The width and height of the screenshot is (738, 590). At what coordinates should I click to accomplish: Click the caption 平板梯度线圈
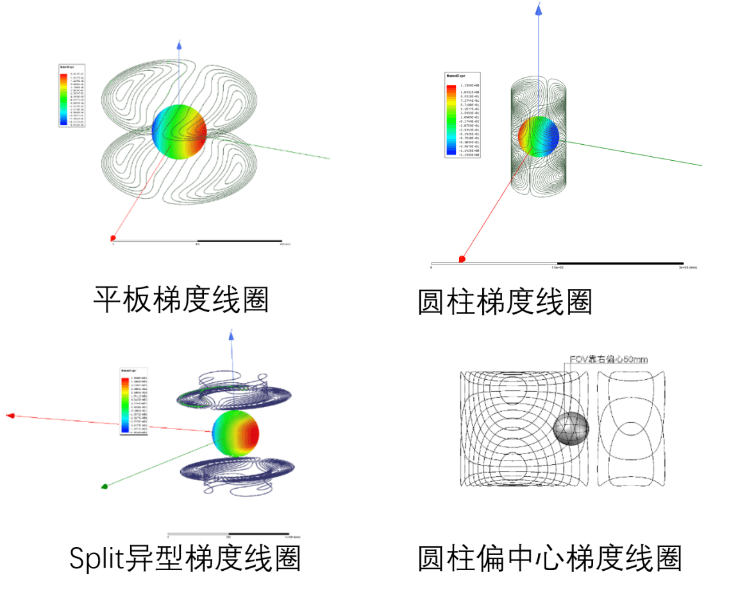pyautogui.click(x=181, y=299)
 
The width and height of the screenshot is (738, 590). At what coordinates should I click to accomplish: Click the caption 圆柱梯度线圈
pyautogui.click(x=505, y=302)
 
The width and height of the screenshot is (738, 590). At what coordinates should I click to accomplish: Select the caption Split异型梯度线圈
pyautogui.click(x=185, y=558)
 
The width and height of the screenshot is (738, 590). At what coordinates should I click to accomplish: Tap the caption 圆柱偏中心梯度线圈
pyautogui.click(x=549, y=558)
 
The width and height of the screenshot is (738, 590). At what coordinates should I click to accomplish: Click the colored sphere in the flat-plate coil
pyautogui.click(x=180, y=131)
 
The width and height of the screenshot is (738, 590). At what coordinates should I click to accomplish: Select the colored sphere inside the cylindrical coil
pyautogui.click(x=539, y=136)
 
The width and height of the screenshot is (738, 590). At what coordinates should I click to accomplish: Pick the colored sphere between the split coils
pyautogui.click(x=235, y=433)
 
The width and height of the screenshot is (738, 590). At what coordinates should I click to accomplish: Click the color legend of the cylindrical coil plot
pyautogui.click(x=462, y=116)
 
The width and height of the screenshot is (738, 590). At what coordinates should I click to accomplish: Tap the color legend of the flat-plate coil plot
pyautogui.click(x=71, y=95)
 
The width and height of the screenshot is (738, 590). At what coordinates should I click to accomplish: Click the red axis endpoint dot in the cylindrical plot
pyautogui.click(x=461, y=259)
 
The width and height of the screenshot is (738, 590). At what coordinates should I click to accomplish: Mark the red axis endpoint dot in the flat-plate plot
pyautogui.click(x=113, y=238)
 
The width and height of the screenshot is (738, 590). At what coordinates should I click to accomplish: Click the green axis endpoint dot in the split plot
pyautogui.click(x=105, y=486)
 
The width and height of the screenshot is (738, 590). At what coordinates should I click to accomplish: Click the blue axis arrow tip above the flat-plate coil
pyautogui.click(x=179, y=43)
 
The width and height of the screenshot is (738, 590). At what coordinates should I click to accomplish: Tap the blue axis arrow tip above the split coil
pyautogui.click(x=231, y=334)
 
